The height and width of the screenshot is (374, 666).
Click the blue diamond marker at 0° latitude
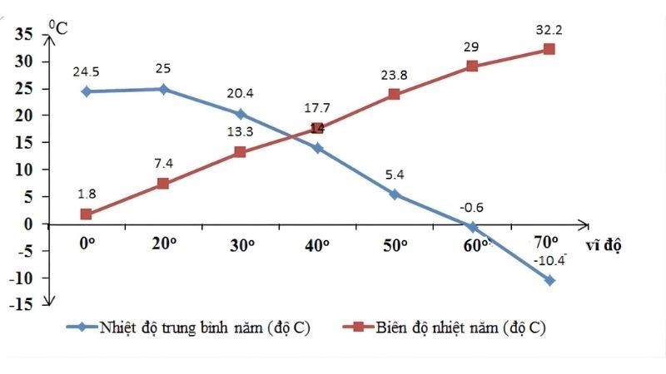pyautogui.click(x=87, y=91)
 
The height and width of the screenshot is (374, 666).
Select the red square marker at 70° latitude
pyautogui.click(x=549, y=49)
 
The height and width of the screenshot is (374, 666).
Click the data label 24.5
pyautogui.click(x=87, y=71)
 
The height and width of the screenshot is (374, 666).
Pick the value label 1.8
pyautogui.click(x=87, y=194)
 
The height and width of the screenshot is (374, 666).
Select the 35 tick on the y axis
pyautogui.click(x=24, y=34)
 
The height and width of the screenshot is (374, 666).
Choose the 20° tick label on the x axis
pyautogui.click(x=163, y=245)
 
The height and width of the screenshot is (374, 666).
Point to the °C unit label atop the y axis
pyautogui.click(x=56, y=26)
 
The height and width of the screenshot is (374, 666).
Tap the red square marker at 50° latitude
pyautogui.click(x=395, y=94)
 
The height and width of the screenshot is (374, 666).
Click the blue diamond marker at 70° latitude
pyautogui.click(x=549, y=280)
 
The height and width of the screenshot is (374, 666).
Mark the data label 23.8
pyautogui.click(x=395, y=74)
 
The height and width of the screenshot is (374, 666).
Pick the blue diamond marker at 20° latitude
pyautogui.click(x=163, y=89)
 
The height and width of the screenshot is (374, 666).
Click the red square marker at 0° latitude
pyautogui.click(x=87, y=214)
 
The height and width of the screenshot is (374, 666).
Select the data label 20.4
pyautogui.click(x=241, y=94)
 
